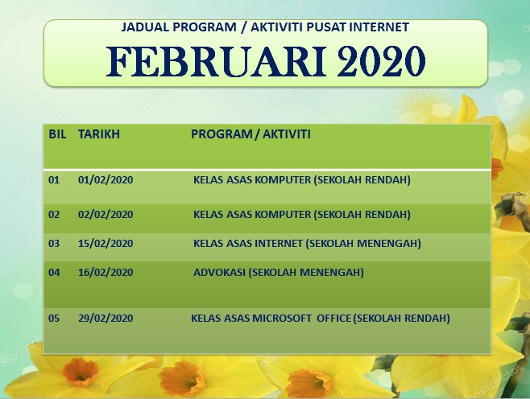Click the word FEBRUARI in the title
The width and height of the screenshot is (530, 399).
point(217,61)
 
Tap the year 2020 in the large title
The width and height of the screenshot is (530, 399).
point(381,61)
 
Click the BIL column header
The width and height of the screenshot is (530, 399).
point(57,134)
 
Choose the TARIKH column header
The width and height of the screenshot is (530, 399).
point(99,134)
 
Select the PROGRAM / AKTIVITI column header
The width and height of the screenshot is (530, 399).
point(251,134)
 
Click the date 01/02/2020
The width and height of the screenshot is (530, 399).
point(106,180)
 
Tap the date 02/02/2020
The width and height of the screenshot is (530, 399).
point(106,214)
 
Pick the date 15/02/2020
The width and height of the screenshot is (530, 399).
point(106,244)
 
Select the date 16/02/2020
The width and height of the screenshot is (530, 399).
point(106,273)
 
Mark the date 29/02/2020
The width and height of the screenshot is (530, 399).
point(106,319)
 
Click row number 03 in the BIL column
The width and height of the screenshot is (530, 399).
point(54,244)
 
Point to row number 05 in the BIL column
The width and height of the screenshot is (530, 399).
point(54,319)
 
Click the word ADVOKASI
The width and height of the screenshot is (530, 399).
point(219,273)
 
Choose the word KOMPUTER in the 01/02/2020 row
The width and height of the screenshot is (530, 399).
point(283,180)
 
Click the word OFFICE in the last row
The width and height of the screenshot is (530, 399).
point(334,319)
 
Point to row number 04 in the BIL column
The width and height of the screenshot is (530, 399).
point(54,273)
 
